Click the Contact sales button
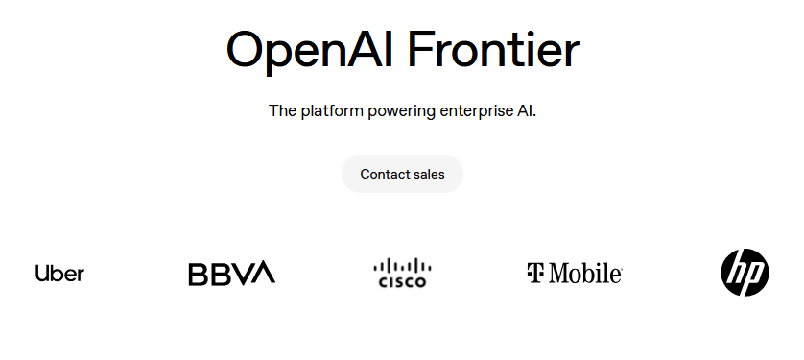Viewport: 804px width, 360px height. point(403,174)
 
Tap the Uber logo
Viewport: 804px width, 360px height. point(59,273)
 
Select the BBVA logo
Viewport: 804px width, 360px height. point(232,273)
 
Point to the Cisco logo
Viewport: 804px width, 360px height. point(403,273)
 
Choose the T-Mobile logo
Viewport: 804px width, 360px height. point(575,273)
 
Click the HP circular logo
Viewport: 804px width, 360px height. point(745,273)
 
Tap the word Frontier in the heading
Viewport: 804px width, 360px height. point(494,49)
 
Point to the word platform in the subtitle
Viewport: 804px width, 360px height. point(332,110)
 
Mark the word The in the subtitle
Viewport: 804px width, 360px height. point(282,110)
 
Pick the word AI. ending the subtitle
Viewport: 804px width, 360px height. point(527,110)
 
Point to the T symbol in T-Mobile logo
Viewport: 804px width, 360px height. point(534,273)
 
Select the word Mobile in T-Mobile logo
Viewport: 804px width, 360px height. point(583,273)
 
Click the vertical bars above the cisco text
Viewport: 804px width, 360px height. point(403,266)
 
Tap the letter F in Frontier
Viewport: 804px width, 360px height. point(421,50)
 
